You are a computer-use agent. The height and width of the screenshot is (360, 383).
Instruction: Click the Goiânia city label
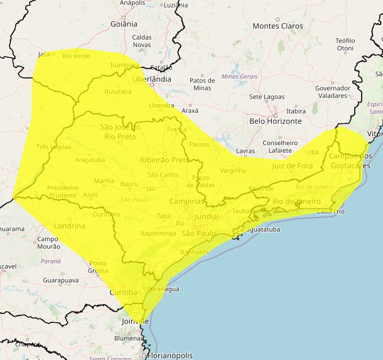click(123, 24)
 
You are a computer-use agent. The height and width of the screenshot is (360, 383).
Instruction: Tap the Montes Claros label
click(278, 26)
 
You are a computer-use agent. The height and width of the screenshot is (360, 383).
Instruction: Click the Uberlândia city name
click(152, 79)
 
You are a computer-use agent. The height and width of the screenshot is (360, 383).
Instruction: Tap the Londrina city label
click(69, 226)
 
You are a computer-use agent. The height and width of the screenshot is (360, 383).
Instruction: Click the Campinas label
click(187, 201)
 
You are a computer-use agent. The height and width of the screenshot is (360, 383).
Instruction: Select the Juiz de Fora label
click(292, 166)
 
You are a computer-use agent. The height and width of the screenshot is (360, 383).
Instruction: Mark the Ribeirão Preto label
click(165, 160)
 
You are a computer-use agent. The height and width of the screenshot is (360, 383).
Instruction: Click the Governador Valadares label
click(332, 92)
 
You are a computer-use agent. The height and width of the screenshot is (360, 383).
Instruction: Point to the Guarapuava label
click(61, 280)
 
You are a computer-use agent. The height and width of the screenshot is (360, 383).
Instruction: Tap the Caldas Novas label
click(142, 41)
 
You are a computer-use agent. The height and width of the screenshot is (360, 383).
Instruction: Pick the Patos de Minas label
click(202, 84)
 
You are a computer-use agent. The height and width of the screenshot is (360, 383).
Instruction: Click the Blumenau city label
click(132, 337)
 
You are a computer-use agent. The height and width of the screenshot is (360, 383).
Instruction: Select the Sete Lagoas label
click(267, 97)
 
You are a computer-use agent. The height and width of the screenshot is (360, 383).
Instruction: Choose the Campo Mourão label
click(48, 243)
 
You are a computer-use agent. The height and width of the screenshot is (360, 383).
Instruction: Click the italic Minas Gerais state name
click(240, 76)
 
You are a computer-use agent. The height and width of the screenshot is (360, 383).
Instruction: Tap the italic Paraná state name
click(51, 260)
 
